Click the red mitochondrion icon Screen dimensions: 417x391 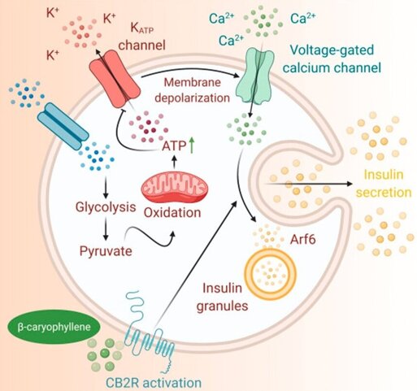coord(175,187)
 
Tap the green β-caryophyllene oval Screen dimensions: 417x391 coord(54,327)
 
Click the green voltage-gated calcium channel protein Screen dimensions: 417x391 coord(255,76)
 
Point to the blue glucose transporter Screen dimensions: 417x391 coord(63,126)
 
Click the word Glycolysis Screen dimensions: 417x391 coord(106,207)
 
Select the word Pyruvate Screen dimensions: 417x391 coord(106,251)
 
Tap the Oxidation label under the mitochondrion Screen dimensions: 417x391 coord(172,213)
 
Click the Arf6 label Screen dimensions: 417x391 coord(303,239)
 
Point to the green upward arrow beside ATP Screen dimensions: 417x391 coord(192,145)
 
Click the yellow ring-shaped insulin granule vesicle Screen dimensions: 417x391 coord(271,274)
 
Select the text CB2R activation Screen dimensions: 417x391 coord(154,383)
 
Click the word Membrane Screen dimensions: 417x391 coord(193,82)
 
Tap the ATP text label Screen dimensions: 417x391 coord(174,146)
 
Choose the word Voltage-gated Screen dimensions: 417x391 coord(332,50)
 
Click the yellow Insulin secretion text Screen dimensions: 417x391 coord(384,184)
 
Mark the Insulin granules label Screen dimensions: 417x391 coord(222,297)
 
